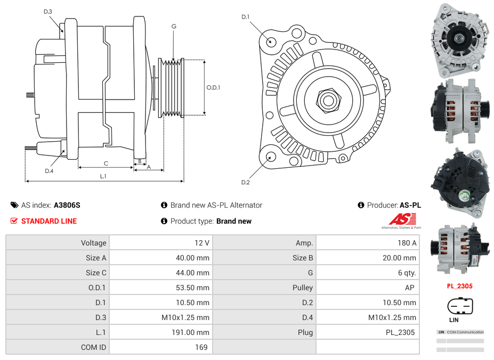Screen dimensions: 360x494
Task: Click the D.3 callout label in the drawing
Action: (48, 12)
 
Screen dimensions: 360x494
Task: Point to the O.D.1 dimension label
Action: (213, 88)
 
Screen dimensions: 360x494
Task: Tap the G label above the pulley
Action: (174, 26)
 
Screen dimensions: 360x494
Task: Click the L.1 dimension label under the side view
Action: (103, 176)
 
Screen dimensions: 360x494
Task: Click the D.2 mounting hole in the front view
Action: (270, 157)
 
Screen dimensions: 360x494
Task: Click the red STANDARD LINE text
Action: (48, 221)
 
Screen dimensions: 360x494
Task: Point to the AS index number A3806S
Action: (67, 205)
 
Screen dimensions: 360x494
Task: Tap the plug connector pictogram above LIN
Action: (460, 306)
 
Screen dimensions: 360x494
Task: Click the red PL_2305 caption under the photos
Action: (459, 286)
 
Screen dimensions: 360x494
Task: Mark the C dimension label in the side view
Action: (106, 163)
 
